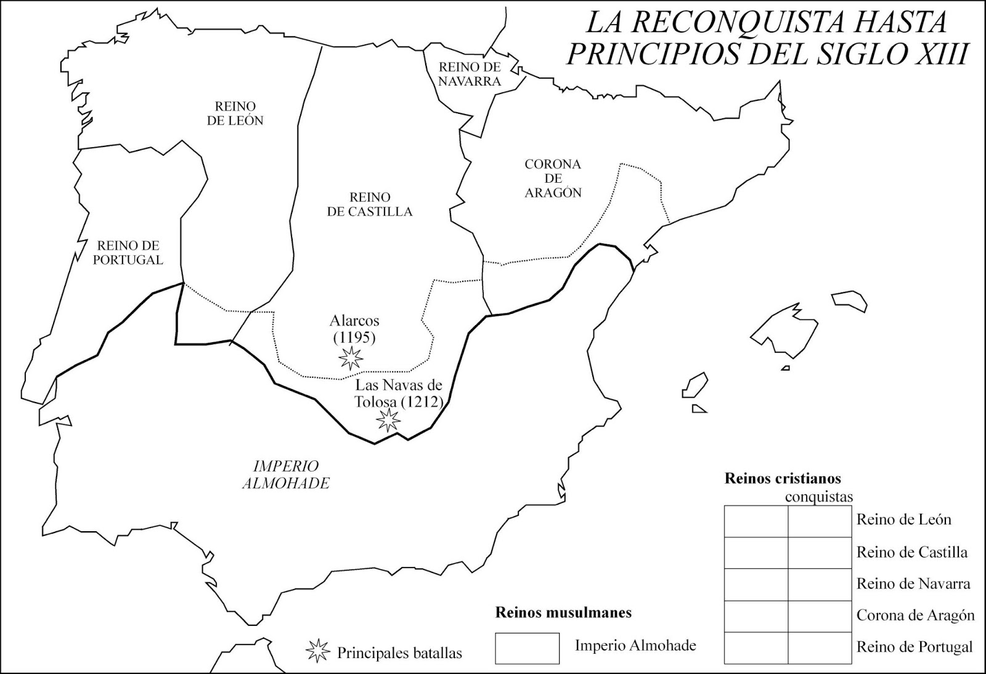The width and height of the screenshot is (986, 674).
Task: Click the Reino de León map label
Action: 235,113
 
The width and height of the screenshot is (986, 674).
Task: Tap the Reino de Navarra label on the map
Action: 470,73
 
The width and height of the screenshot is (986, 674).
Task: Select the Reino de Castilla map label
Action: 370,204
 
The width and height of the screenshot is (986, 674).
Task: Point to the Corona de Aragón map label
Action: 553,179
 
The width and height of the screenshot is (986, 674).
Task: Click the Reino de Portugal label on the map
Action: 128,252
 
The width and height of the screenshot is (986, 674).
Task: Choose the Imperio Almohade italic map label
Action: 285,475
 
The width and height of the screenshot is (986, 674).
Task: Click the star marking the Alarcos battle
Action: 351,358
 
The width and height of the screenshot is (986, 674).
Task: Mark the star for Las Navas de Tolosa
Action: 389,420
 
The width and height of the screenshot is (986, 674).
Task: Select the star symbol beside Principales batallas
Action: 318,651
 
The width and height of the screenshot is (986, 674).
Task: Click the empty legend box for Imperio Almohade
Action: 527,648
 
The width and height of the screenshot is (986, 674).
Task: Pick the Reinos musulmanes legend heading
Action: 563,612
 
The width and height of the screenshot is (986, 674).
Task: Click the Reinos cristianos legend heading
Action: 783,478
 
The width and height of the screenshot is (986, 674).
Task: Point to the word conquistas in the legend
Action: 820,497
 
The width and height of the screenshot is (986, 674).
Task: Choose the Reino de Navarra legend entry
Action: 913,584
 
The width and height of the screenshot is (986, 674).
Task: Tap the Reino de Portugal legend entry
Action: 915,647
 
